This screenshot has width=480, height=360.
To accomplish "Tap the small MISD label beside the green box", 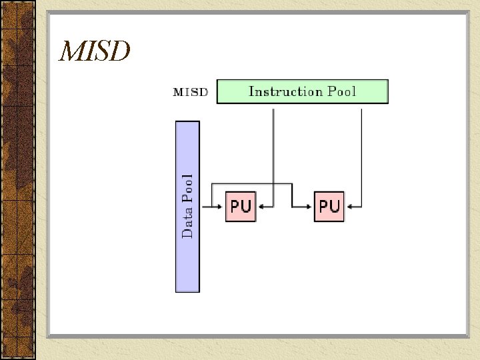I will pos(191,92).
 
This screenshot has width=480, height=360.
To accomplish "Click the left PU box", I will pos(240,206).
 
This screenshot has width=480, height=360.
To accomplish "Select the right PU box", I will pos(329,206).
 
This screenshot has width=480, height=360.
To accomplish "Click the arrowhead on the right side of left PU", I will pos(261,206).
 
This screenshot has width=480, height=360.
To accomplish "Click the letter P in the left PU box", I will pos(235,206).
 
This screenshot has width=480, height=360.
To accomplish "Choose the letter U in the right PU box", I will pos(335,206).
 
